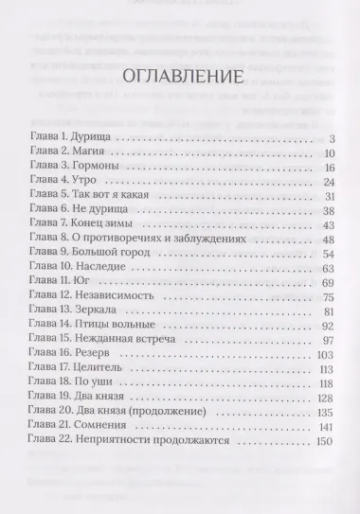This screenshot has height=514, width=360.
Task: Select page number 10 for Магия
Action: point(332,153)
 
